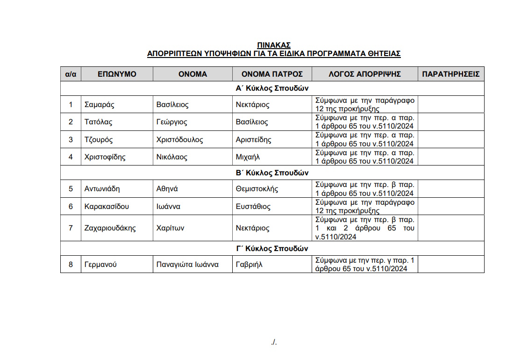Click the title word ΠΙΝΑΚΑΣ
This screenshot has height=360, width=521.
pyautogui.click(x=274, y=45)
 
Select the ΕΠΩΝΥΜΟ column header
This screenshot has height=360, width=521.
pyautogui.click(x=117, y=74)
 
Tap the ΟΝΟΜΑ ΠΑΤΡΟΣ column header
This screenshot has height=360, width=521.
pyautogui.click(x=272, y=74)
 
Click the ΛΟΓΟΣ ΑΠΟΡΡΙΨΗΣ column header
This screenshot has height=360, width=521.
pyautogui.click(x=365, y=74)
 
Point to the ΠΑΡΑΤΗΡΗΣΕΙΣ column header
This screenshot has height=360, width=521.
pyautogui.click(x=451, y=74)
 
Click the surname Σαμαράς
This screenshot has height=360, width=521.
pyautogui.click(x=100, y=105)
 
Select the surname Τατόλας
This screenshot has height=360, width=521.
pyautogui.click(x=99, y=122)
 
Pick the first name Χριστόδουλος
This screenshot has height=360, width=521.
pyautogui.click(x=180, y=140)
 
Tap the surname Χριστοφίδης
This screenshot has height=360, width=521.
pyautogui.click(x=105, y=157)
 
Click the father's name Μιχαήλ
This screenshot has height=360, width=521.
pyautogui.click(x=248, y=157)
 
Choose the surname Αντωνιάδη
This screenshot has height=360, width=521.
pyautogui.click(x=102, y=189)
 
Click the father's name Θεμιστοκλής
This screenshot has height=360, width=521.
pyautogui.click(x=257, y=189)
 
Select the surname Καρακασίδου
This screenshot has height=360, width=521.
pyautogui.click(x=107, y=207)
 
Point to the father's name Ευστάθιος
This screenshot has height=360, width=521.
pyautogui.click(x=253, y=207)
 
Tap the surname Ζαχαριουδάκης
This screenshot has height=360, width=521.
pyautogui.click(x=110, y=228)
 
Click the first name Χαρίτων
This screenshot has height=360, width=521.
pyautogui.click(x=170, y=228)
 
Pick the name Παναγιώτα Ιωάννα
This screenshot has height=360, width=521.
pyautogui.click(x=187, y=265)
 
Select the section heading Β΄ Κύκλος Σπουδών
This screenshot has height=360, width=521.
pyautogui.click(x=272, y=173)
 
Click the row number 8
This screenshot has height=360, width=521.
pyautogui.click(x=71, y=265)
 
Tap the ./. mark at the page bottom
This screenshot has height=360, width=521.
pyautogui.click(x=274, y=342)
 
